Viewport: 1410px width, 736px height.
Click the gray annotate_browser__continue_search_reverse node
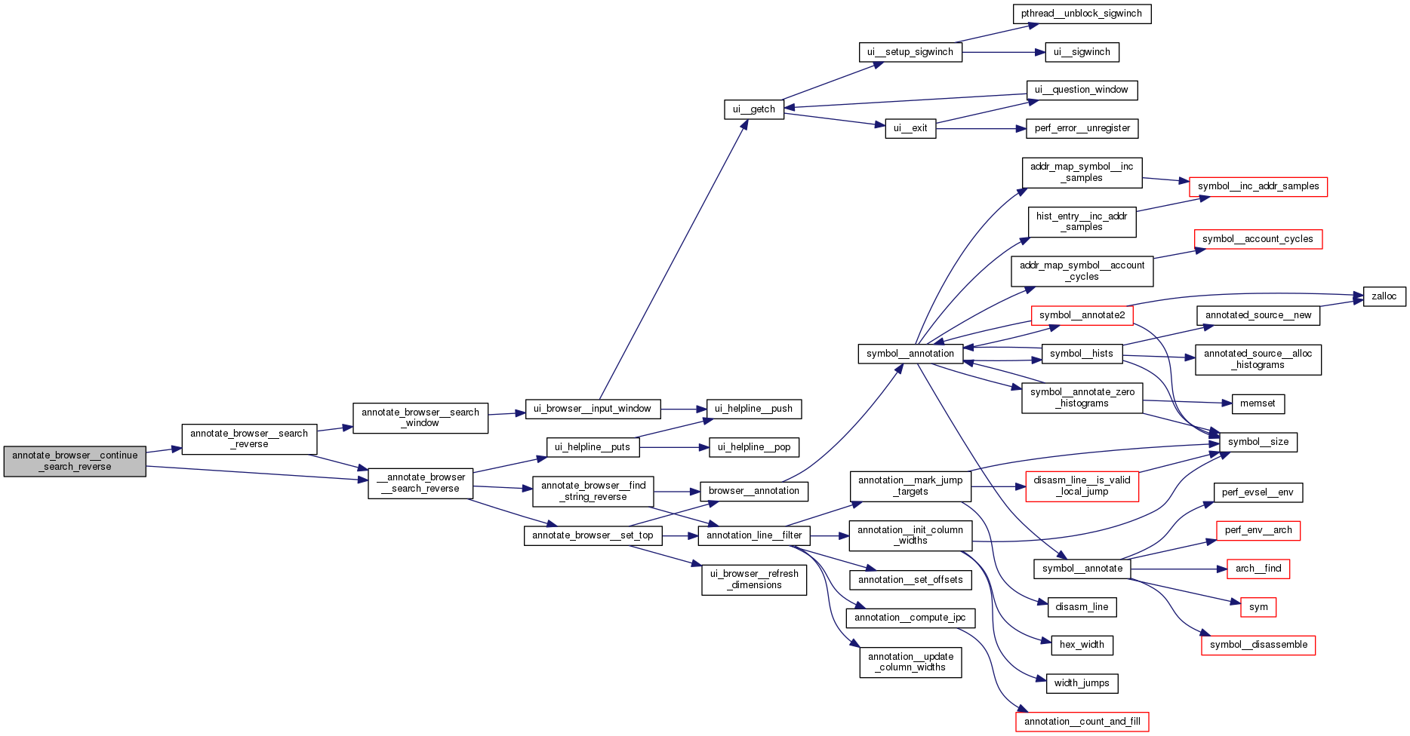[75, 461]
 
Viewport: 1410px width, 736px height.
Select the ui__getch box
[753, 109]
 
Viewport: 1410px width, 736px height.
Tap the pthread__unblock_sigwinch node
[1081, 14]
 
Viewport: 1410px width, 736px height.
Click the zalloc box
[1384, 296]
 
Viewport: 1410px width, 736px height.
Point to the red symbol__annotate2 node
[1082, 315]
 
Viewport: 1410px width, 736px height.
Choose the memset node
[1257, 403]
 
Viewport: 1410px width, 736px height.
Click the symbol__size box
[1258, 442]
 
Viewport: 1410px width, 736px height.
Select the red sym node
[1258, 607]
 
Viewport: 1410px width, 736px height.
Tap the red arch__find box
[1258, 569]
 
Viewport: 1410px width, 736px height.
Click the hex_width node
[1081, 645]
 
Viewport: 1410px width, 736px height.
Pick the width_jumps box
[1081, 683]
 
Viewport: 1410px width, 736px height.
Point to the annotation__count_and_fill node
[1082, 722]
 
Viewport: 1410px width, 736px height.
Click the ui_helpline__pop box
[753, 447]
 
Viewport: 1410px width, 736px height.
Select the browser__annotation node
[753, 491]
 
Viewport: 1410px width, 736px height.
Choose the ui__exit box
[910, 128]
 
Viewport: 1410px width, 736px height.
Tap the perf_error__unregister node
[1082, 128]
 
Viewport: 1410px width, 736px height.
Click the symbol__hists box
[1081, 354]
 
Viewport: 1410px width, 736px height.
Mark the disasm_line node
[1081, 607]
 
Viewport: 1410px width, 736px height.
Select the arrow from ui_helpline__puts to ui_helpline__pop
[673, 447]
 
